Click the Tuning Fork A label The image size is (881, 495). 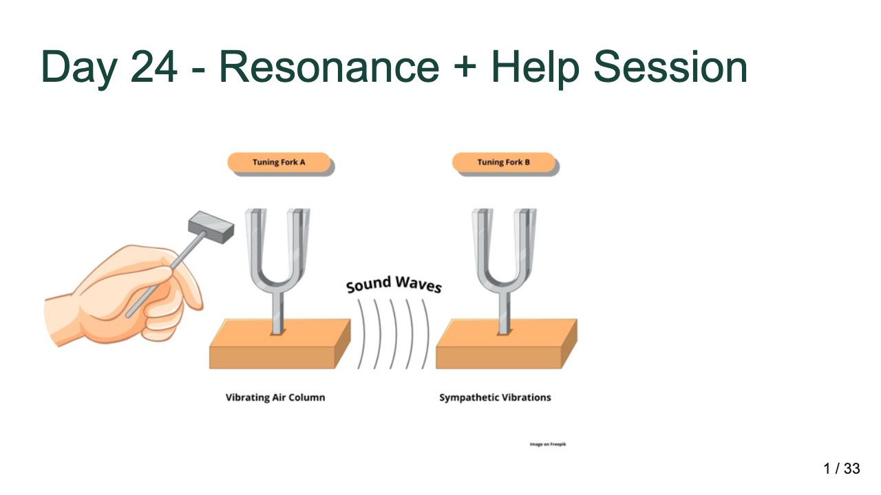279,163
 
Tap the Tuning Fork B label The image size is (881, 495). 504,163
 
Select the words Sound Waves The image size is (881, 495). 394,283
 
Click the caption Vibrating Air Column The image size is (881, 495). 275,397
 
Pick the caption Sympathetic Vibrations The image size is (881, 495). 495,397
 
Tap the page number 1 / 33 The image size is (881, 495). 842,469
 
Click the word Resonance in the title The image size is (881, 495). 329,67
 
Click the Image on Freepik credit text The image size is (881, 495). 548,444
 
